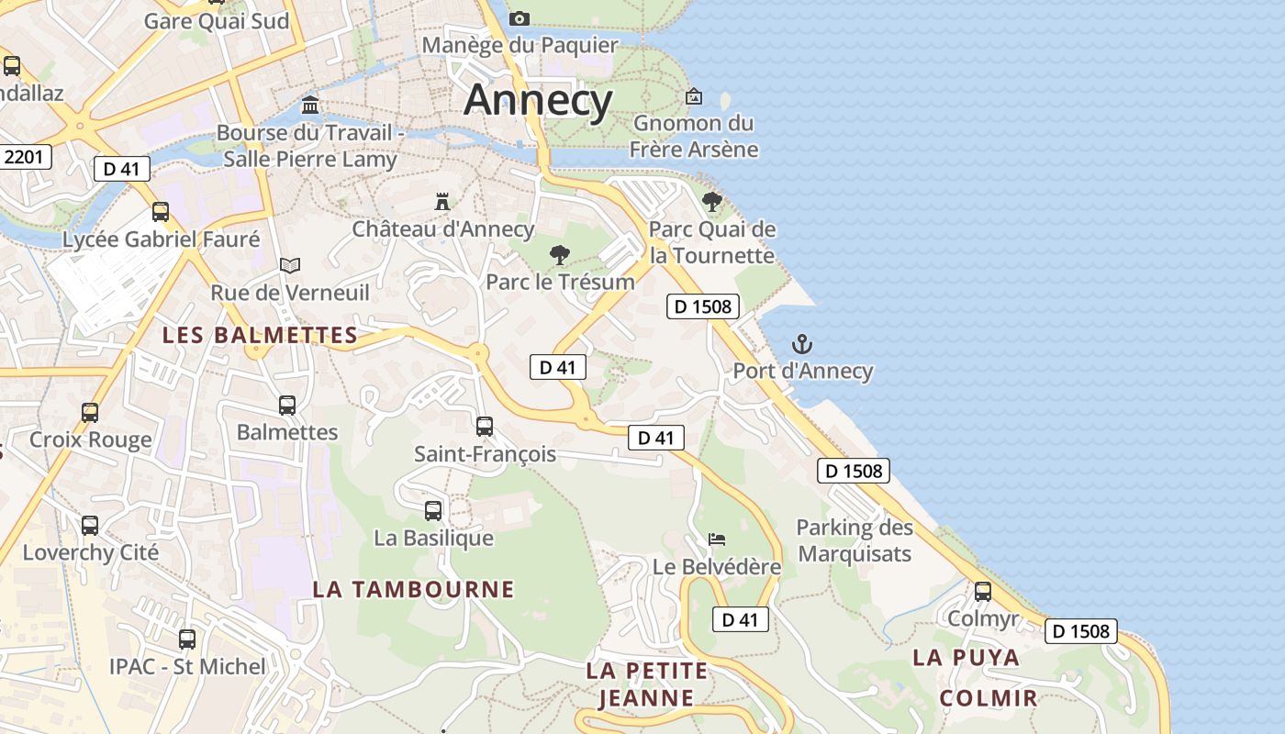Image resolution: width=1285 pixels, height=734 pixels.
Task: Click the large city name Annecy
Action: tap(538, 99)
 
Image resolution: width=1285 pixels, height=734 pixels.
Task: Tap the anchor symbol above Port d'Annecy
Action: tap(802, 345)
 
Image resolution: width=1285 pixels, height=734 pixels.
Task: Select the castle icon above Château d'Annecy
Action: tap(442, 201)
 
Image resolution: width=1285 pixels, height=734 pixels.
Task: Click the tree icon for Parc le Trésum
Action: tap(559, 255)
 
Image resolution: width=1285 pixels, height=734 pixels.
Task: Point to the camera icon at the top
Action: tap(520, 18)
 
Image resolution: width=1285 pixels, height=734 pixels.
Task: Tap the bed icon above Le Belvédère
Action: tap(717, 539)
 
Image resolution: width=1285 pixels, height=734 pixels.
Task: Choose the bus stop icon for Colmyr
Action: tap(983, 592)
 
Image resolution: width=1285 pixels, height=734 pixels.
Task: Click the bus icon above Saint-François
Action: tap(485, 427)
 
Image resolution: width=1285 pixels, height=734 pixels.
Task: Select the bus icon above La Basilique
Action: tap(433, 511)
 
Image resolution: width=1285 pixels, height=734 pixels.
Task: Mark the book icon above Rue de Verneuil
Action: tap(290, 266)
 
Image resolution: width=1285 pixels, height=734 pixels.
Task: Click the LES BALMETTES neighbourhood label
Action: tap(260, 336)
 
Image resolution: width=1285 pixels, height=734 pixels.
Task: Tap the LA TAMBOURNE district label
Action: tap(413, 589)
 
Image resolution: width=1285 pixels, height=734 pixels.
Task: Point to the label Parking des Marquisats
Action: tap(855, 540)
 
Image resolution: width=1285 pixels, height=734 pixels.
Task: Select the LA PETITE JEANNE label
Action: tap(647, 684)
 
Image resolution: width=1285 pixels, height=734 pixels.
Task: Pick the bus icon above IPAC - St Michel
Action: tap(187, 639)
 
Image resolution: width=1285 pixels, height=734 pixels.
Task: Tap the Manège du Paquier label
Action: tap(520, 45)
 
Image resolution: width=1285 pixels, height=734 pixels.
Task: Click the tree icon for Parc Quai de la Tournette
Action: tap(711, 202)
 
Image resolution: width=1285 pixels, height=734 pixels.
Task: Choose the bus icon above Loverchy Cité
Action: tap(90, 526)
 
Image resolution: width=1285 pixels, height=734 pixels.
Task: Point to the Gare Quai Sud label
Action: tap(217, 21)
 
